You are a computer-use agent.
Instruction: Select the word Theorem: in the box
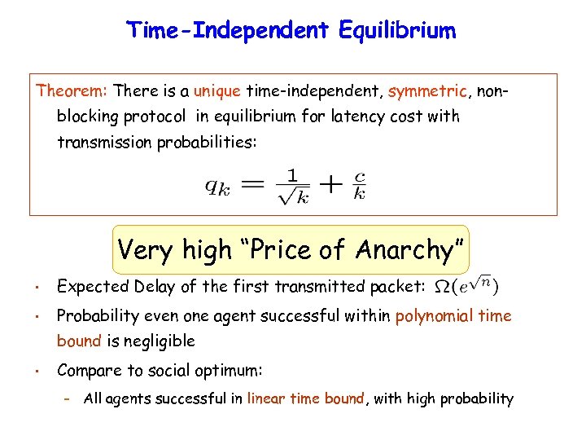72,90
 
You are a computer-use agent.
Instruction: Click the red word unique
216,90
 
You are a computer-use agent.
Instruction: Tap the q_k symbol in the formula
217,186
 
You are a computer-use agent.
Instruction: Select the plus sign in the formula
330,184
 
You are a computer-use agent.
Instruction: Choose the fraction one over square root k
293,186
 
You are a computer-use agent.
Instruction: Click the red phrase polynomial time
453,316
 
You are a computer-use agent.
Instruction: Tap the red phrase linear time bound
307,398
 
